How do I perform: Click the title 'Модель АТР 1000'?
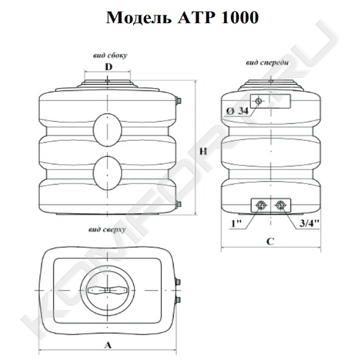183,18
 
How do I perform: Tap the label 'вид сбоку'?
110,55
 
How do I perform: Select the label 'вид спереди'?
267,63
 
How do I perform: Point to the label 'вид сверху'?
107,230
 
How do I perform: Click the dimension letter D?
108,67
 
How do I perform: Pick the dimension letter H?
203,152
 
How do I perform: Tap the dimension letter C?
270,242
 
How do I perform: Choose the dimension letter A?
108,345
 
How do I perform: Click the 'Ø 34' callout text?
238,111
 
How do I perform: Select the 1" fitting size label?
236,223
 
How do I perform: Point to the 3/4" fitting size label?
309,223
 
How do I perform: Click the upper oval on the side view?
107,130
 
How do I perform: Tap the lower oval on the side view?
107,173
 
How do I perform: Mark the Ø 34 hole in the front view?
258,101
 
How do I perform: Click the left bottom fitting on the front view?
261,205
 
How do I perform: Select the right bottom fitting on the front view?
280,205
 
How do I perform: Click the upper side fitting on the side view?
178,101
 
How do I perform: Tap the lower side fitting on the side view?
178,204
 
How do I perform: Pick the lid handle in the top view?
107,291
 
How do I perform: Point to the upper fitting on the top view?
178,282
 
